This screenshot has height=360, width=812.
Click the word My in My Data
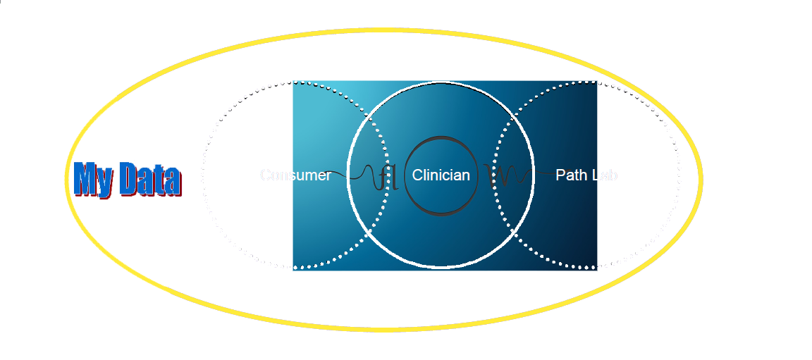click(94, 179)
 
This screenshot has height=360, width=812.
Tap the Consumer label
click(295, 175)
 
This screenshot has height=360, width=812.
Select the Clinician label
click(441, 175)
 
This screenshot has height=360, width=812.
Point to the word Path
click(570, 175)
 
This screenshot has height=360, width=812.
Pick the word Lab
click(605, 175)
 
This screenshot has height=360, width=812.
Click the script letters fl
click(387, 177)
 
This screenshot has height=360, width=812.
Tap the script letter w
click(498, 176)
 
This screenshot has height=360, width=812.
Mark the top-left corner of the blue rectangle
click(293, 81)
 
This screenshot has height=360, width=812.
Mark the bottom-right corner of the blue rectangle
click(597, 269)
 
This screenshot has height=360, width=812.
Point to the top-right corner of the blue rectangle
click(597, 81)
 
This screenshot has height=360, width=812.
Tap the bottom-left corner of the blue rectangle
click(293, 269)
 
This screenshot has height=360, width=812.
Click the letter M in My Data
click(87, 179)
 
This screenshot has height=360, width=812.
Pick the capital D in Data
click(129, 179)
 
